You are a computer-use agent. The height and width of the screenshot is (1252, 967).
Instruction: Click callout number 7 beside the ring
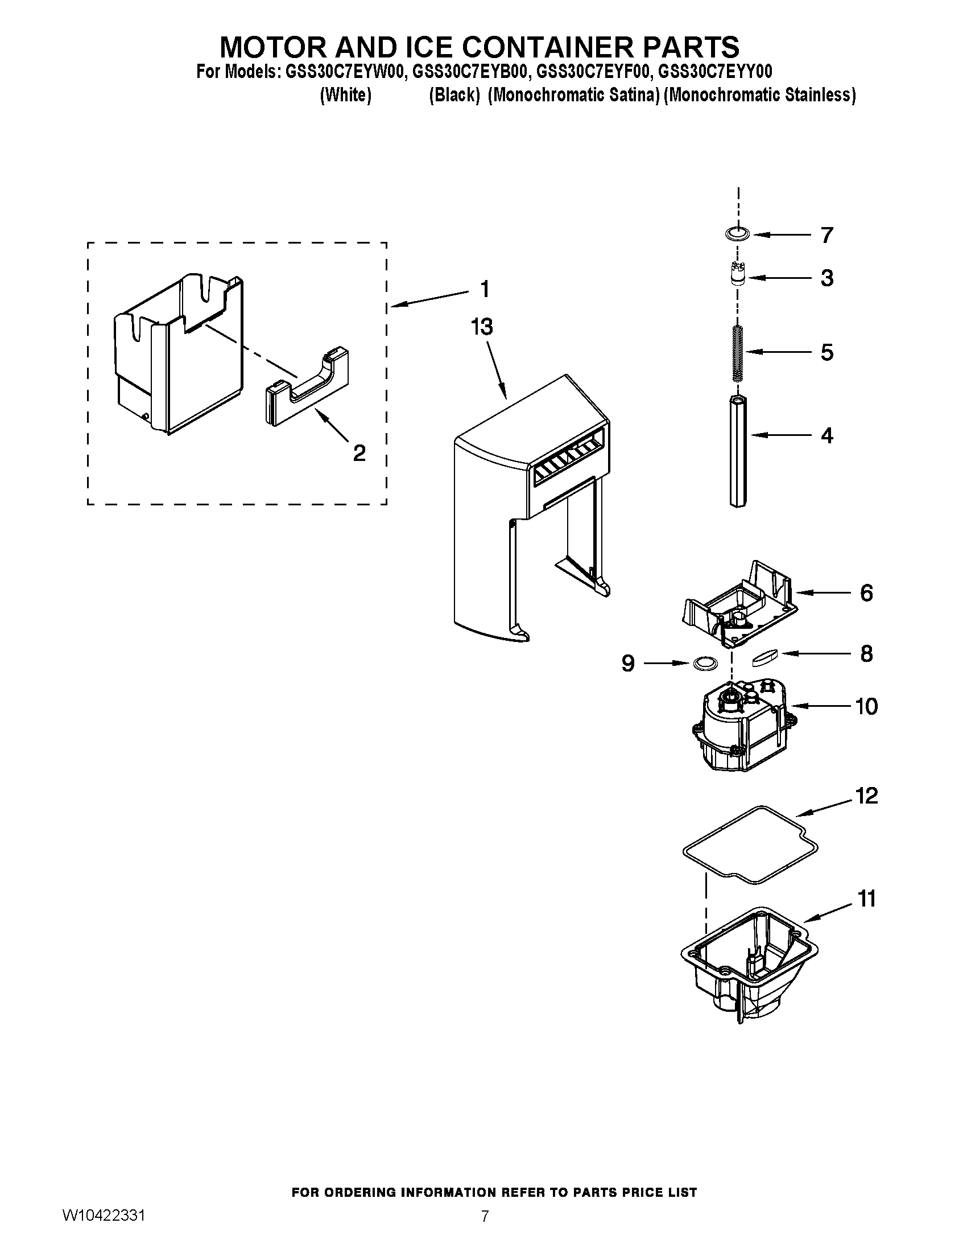click(x=826, y=235)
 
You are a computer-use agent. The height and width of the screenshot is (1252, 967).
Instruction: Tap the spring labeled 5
click(x=738, y=353)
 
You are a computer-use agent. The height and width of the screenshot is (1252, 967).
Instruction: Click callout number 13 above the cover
click(x=482, y=327)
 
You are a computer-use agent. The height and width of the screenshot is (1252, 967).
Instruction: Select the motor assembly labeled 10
click(x=739, y=725)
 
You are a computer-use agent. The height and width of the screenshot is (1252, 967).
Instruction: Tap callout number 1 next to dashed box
click(x=485, y=289)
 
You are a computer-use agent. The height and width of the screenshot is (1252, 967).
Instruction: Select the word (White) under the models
click(x=345, y=95)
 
